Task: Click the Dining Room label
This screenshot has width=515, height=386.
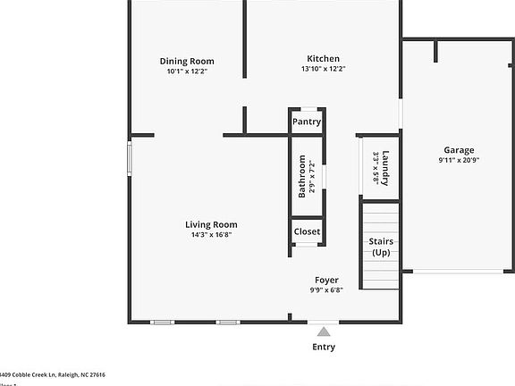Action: click(x=187, y=62)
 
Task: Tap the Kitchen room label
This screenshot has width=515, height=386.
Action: click(x=323, y=58)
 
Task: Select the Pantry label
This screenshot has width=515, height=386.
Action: click(x=307, y=122)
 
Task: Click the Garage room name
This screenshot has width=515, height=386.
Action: click(x=459, y=150)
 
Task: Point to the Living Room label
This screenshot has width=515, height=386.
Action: click(x=211, y=224)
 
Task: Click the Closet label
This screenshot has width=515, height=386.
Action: click(x=307, y=231)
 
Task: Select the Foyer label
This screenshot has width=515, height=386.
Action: click(x=325, y=280)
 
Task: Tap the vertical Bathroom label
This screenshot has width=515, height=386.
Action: click(x=302, y=177)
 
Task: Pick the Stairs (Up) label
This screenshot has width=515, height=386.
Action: click(x=382, y=248)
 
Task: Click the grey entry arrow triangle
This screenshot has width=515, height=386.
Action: click(x=324, y=331)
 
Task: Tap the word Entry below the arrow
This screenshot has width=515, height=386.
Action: click(x=324, y=347)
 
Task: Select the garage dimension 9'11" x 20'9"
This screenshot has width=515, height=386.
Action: click(x=459, y=160)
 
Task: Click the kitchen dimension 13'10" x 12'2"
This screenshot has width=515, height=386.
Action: click(x=323, y=69)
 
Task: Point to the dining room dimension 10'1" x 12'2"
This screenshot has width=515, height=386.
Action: click(x=187, y=71)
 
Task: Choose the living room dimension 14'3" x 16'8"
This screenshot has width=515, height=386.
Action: click(x=211, y=235)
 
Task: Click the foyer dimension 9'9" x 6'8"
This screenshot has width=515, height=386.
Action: click(x=325, y=289)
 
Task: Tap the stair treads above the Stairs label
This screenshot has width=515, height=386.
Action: click(x=381, y=217)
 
